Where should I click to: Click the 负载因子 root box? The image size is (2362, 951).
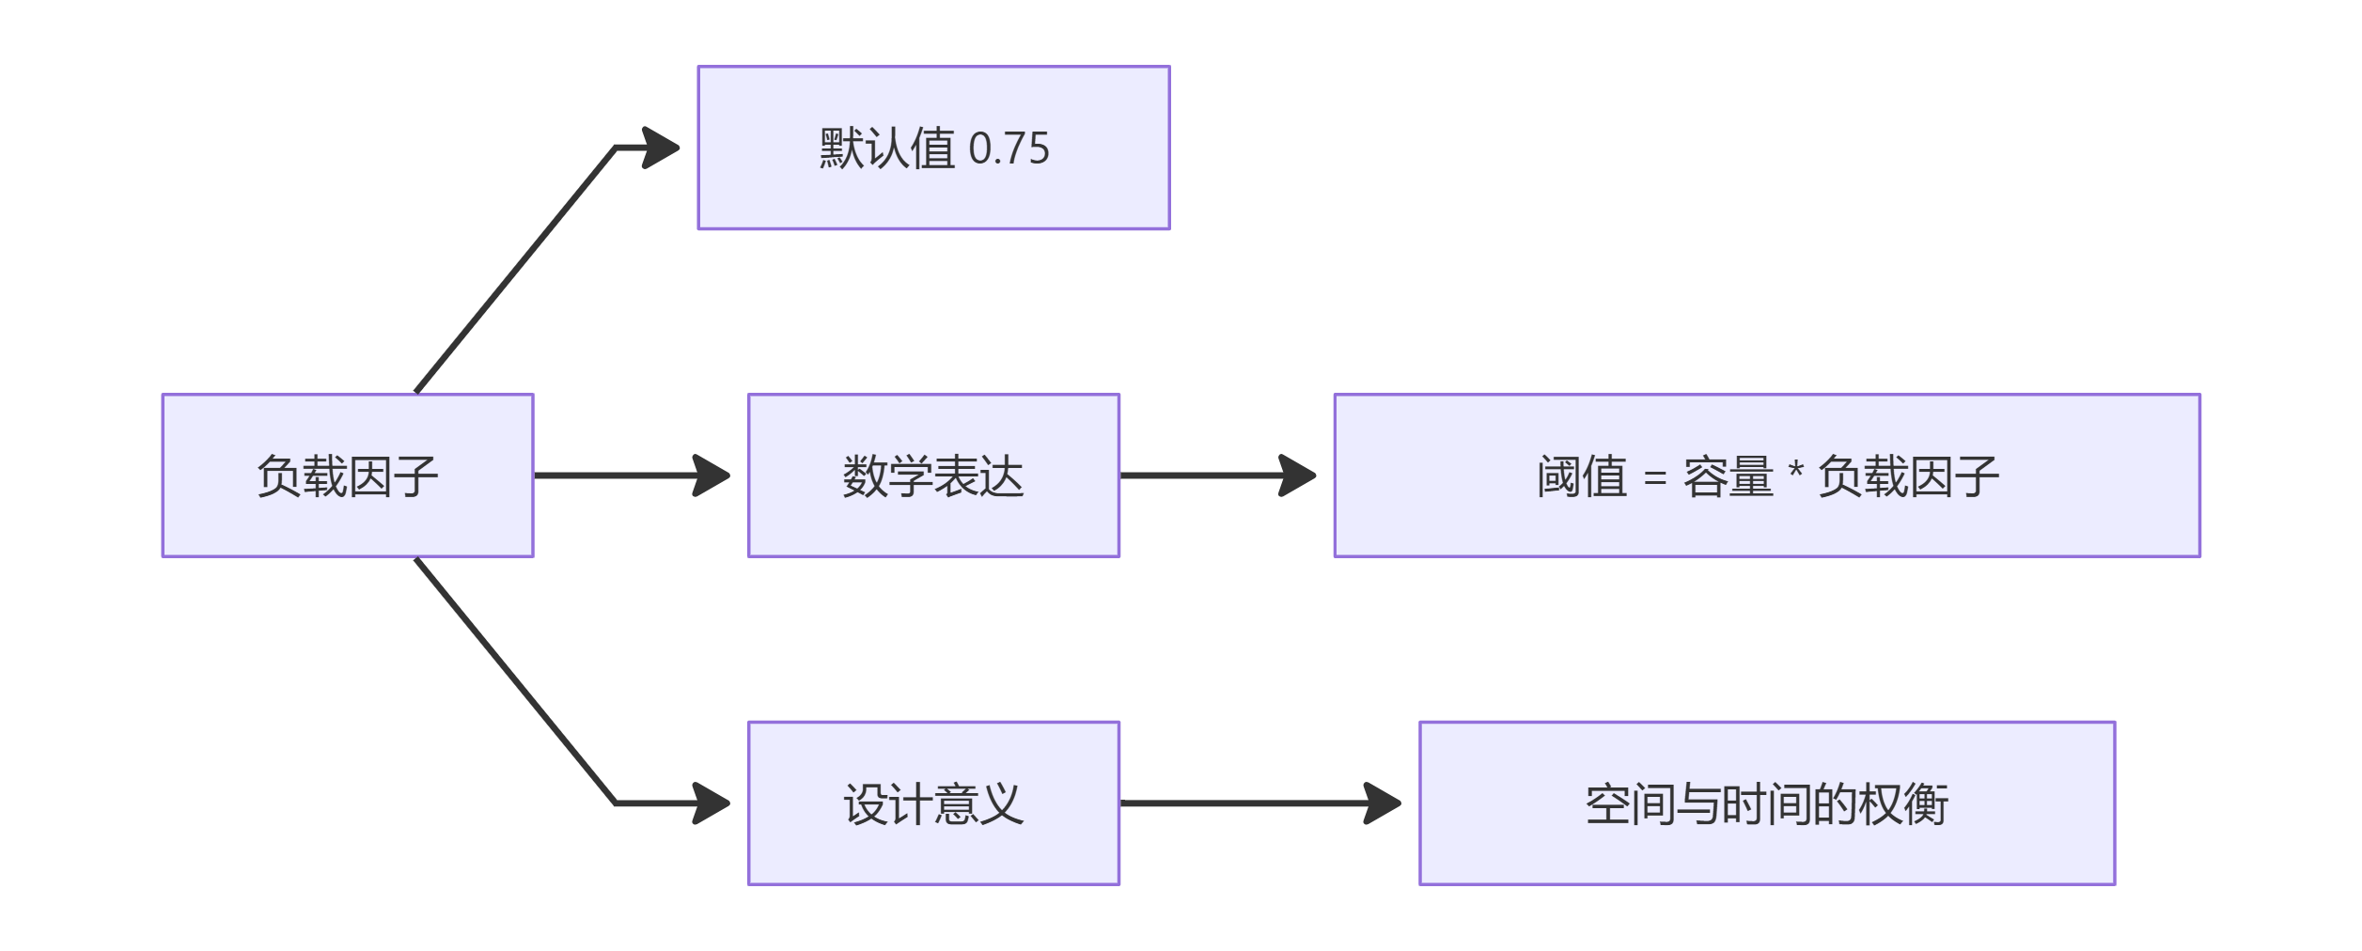[x=348, y=475]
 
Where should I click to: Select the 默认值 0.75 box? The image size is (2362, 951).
[x=933, y=148]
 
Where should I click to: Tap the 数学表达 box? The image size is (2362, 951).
[x=933, y=475]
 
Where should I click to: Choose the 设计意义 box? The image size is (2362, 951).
[x=933, y=803]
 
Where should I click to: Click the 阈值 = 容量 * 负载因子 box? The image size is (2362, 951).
[x=1767, y=475]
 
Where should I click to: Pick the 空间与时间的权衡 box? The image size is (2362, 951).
[x=1767, y=803]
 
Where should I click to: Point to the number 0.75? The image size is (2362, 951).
[x=1009, y=148]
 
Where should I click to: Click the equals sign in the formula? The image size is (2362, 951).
[x=1655, y=478]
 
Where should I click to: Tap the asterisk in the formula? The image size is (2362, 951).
[x=1795, y=470]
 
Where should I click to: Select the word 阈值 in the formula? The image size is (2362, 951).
[x=1582, y=476]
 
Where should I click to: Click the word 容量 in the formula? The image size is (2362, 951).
[x=1728, y=476]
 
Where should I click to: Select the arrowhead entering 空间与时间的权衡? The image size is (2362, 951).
[x=1383, y=803]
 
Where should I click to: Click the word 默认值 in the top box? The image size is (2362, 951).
[x=887, y=148]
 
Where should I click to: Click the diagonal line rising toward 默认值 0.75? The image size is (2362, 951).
[x=515, y=269]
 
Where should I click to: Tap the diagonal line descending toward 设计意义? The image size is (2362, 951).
[x=515, y=682]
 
